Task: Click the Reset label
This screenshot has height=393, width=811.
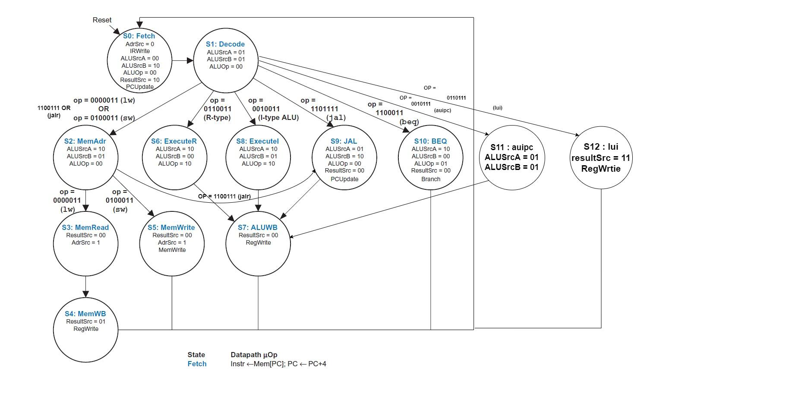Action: (102, 20)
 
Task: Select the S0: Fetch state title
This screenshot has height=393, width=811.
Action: (139, 36)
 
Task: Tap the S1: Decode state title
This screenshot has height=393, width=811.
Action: (225, 44)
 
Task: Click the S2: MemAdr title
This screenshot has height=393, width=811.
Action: (85, 141)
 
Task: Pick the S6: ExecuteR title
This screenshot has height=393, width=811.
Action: (174, 141)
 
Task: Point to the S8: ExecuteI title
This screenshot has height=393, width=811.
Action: (257, 141)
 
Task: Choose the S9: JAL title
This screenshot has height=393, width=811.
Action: (344, 141)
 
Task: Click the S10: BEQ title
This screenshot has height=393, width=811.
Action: (430, 141)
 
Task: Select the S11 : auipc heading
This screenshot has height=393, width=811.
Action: (511, 147)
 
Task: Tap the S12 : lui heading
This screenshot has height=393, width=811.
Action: (601, 147)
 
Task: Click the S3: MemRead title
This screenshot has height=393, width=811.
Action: (85, 227)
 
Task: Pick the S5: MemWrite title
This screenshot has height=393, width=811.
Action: (171, 227)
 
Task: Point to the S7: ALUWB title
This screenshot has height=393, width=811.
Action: (258, 227)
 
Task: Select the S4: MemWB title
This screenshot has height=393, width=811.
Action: (85, 314)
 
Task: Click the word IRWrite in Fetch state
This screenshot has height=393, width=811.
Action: (139, 51)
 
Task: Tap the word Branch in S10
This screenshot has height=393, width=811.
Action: (430, 179)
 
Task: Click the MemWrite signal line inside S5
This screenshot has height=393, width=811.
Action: (172, 250)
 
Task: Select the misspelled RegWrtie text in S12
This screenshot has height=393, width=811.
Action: (601, 169)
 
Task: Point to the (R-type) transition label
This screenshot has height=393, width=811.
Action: (217, 117)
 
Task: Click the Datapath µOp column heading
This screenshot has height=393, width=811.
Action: (254, 355)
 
